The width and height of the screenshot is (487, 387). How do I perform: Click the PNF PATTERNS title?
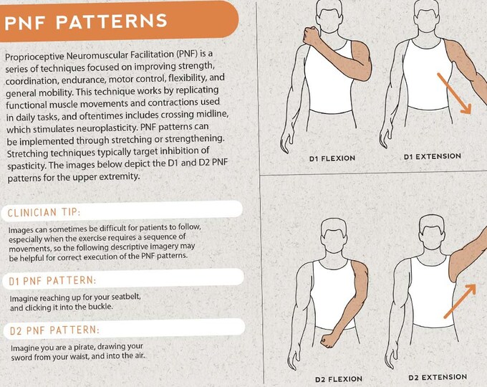tap(86, 21)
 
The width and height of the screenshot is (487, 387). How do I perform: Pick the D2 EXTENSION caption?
tap(437, 377)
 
